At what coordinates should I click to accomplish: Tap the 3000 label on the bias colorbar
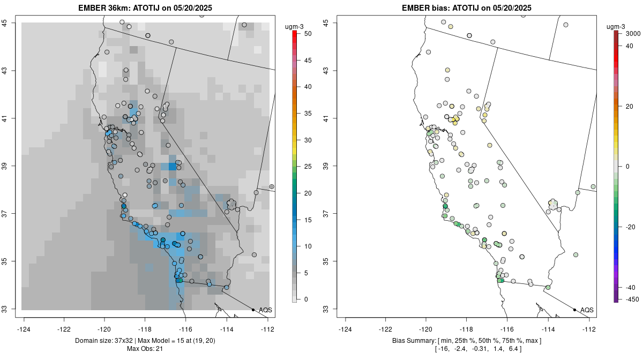click(x=628, y=33)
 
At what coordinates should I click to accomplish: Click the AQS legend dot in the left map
click(x=253, y=310)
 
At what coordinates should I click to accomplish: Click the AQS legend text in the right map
click(x=587, y=310)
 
